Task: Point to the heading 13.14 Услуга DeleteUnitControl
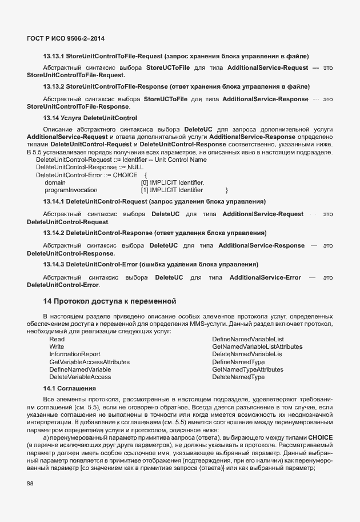[90, 118]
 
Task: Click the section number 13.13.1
[54, 56]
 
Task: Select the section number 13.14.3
[54, 264]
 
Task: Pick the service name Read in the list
[57, 339]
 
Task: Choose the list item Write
[57, 346]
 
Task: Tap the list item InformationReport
[74, 354]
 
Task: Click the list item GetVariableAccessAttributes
[89, 362]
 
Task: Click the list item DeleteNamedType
[238, 377]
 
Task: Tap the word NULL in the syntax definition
[135, 167]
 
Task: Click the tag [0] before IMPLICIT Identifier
[145, 182]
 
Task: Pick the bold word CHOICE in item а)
[320, 437]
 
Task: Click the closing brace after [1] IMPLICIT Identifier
[227, 189]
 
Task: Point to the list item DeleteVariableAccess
[80, 377]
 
